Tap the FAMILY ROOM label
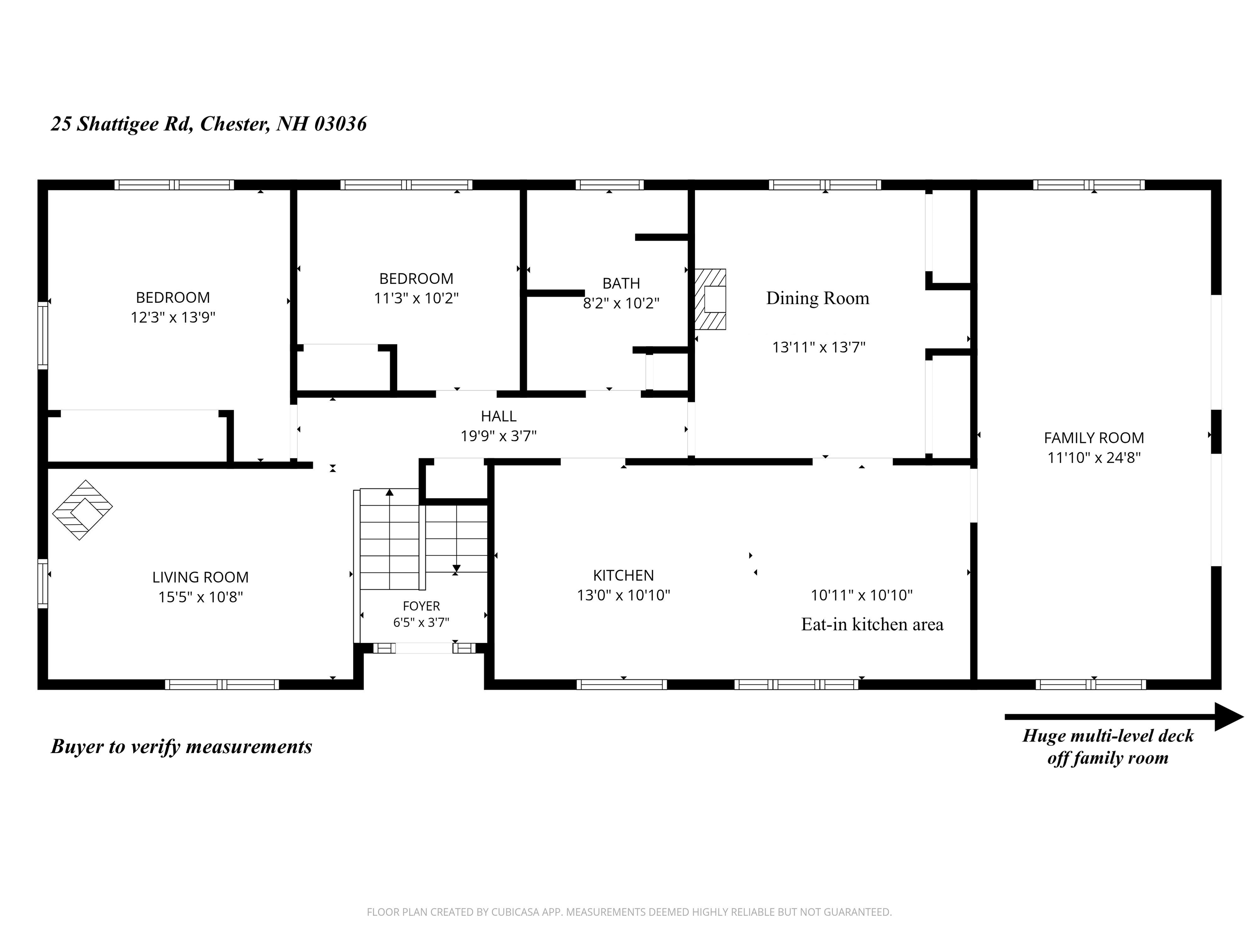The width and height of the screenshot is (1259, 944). click(x=1093, y=438)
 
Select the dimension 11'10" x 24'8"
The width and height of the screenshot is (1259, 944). click(x=1093, y=458)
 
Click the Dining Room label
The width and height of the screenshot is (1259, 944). click(x=817, y=298)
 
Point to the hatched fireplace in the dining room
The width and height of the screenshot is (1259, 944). click(x=710, y=300)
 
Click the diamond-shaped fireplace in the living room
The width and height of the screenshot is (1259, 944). click(x=82, y=510)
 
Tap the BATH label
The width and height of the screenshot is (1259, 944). click(x=621, y=283)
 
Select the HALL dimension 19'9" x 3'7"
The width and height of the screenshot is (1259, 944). click(x=499, y=436)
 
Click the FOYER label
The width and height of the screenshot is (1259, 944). click(x=421, y=606)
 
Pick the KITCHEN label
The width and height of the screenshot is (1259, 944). click(x=623, y=575)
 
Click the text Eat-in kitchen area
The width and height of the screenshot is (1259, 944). click(x=872, y=625)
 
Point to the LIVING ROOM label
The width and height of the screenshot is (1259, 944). click(x=200, y=577)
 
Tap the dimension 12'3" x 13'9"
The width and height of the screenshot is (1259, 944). click(x=173, y=317)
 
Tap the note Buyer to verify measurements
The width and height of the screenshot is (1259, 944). click(x=182, y=747)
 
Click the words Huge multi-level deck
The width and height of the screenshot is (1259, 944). click(x=1108, y=736)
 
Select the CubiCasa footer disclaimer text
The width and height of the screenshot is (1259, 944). click(x=629, y=912)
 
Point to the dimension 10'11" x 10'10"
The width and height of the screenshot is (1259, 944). click(x=862, y=595)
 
